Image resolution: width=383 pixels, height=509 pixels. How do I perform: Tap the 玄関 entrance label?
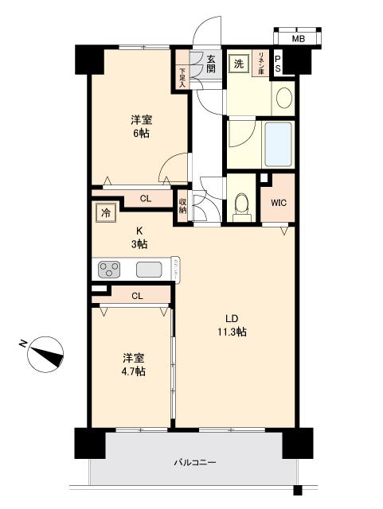click(211, 64)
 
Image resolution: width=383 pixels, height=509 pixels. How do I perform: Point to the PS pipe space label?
click(277, 64)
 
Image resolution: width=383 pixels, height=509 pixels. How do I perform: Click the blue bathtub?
click(277, 142)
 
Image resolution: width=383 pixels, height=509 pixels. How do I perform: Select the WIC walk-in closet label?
click(278, 203)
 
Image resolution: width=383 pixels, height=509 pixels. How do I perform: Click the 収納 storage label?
click(183, 205)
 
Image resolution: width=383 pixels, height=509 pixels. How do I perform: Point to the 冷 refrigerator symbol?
click(105, 212)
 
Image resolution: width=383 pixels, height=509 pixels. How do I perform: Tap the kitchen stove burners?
click(110, 269)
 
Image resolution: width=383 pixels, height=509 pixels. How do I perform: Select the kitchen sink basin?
click(149, 269)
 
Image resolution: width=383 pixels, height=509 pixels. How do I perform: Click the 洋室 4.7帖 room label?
click(133, 364)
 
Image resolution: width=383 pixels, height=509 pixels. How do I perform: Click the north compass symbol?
click(46, 352)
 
